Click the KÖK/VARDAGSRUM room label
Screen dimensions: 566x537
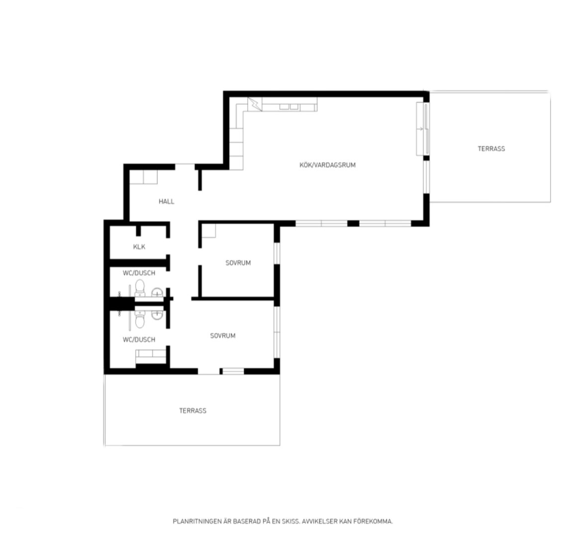(327, 165)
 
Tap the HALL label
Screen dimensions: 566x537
(167, 201)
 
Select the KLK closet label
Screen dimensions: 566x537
(139, 247)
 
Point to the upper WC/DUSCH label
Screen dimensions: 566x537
(139, 273)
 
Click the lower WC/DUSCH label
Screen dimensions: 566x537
(139, 340)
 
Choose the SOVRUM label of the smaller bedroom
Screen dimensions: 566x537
(238, 263)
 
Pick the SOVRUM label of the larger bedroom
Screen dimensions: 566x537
(223, 336)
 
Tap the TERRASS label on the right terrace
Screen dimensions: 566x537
(491, 149)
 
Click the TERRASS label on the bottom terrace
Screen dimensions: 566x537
(193, 411)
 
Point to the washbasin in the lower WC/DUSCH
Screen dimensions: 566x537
(157, 314)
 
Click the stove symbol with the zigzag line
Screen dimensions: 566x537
(255, 104)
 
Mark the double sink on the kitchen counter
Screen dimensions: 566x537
(289, 107)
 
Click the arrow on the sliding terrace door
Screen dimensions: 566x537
(420, 129)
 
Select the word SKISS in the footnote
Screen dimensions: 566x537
(291, 522)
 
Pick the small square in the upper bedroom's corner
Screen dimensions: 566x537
(208, 231)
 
